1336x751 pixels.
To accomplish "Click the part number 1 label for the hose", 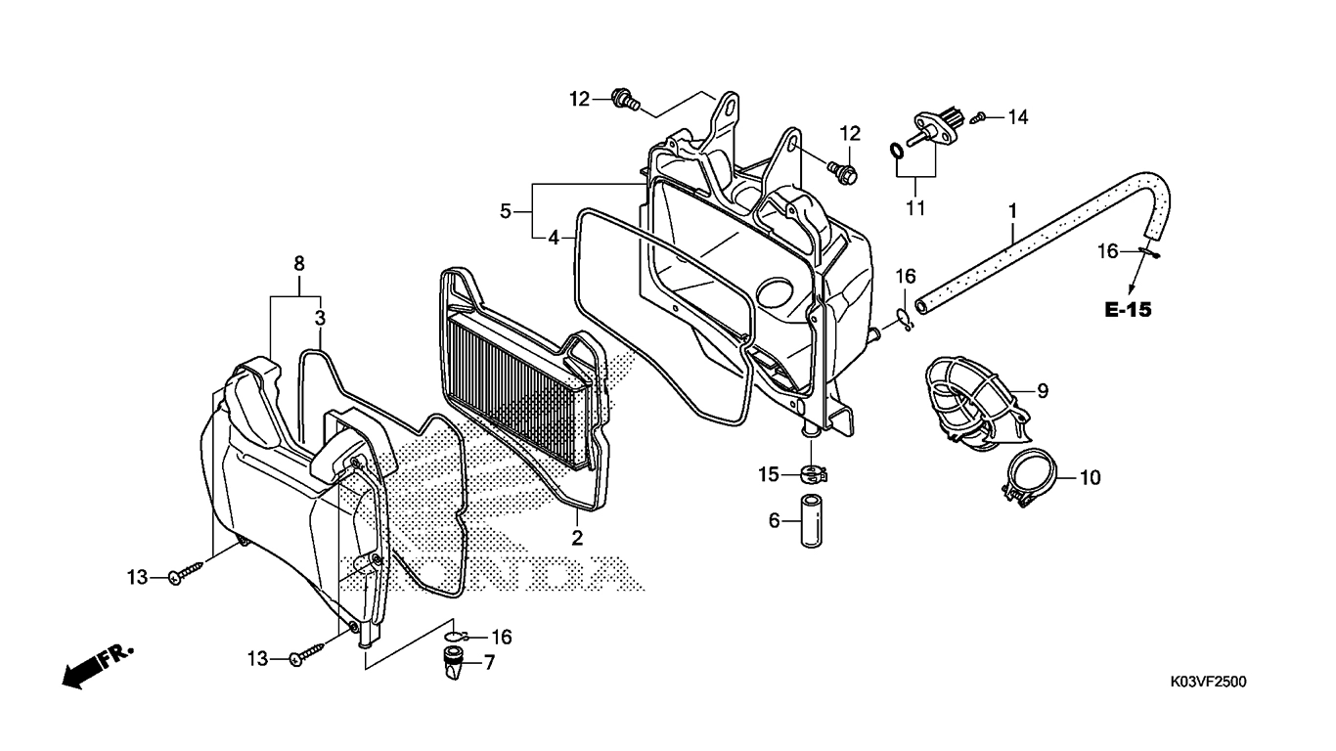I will [x=1013, y=209].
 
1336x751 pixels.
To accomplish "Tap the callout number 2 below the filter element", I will [x=577, y=537].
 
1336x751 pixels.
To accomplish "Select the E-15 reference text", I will [x=1129, y=310].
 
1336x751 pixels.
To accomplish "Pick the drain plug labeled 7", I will [x=453, y=666].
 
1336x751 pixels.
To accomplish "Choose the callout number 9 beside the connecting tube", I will [x=1043, y=391].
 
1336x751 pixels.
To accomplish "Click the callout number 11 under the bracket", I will [x=915, y=208].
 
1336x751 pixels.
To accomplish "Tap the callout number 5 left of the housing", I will [x=506, y=210].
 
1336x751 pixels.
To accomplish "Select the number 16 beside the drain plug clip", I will [x=501, y=638].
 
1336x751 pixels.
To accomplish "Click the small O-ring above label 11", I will [x=895, y=151].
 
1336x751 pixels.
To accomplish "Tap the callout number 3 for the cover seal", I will [x=320, y=318].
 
